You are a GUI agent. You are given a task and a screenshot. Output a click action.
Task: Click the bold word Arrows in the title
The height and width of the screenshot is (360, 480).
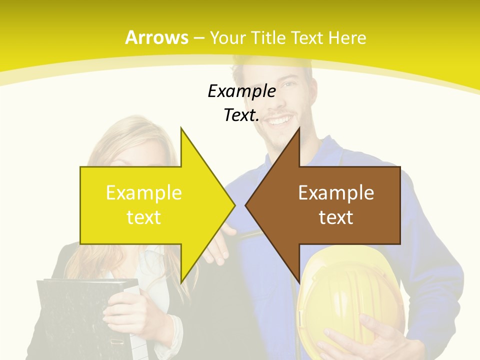[156, 37]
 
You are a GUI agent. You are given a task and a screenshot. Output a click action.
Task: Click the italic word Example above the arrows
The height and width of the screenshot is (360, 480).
[241, 91]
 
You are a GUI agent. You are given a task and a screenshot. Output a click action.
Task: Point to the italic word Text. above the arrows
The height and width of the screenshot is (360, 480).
[241, 115]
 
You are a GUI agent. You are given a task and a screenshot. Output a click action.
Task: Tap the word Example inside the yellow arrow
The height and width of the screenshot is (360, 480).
[144, 192]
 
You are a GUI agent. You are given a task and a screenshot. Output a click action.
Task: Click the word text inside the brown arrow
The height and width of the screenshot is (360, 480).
[336, 217]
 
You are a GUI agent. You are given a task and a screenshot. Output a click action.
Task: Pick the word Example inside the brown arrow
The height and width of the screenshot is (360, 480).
[336, 192]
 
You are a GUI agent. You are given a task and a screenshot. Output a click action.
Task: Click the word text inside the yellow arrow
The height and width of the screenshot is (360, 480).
[144, 217]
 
